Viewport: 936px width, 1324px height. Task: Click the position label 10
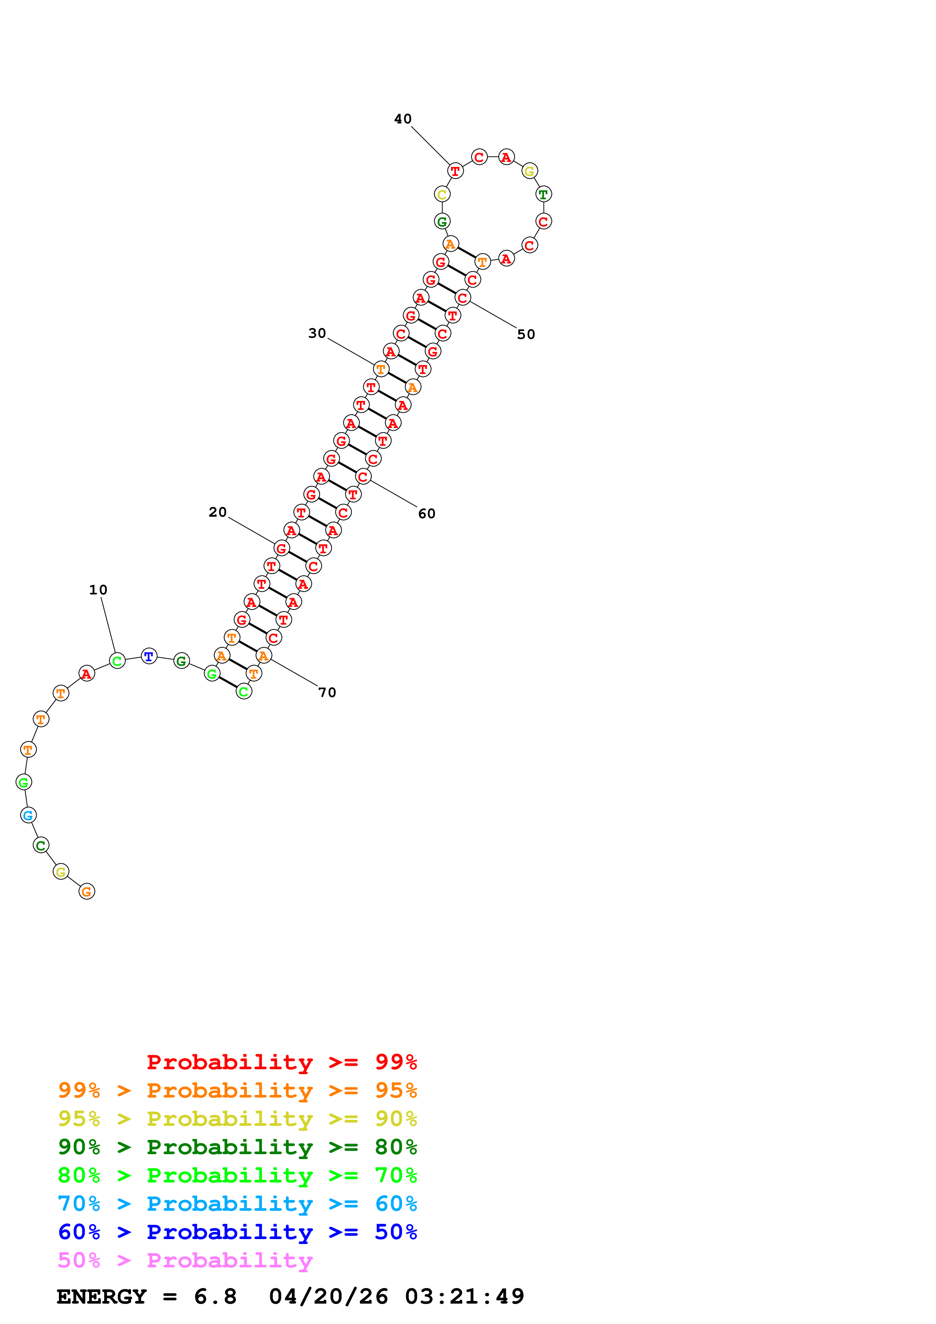[x=98, y=590]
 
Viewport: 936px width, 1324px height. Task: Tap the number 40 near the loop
[x=402, y=119]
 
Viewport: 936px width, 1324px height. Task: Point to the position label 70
[x=327, y=693]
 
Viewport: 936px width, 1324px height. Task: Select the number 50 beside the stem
[x=525, y=334]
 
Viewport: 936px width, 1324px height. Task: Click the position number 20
[x=217, y=512]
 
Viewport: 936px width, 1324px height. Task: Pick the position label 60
[x=426, y=514]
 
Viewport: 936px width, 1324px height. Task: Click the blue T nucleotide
[x=149, y=656]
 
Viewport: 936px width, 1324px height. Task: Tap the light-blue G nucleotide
[x=28, y=815]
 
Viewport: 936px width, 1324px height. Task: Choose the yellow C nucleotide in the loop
[x=442, y=194]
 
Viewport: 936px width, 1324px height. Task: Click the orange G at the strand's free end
[x=86, y=891]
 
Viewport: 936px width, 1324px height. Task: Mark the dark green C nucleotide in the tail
[x=40, y=845]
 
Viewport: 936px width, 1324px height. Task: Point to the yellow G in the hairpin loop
[x=529, y=171]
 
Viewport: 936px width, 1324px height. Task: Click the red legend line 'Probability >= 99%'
[x=281, y=1062]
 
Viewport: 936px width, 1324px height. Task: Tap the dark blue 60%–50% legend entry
[x=237, y=1232]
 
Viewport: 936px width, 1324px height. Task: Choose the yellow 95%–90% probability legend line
[x=237, y=1119]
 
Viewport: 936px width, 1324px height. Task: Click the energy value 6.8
[x=215, y=1296]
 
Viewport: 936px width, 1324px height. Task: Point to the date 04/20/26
[x=328, y=1296]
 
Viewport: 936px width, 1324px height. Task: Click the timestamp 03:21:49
[x=464, y=1296]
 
